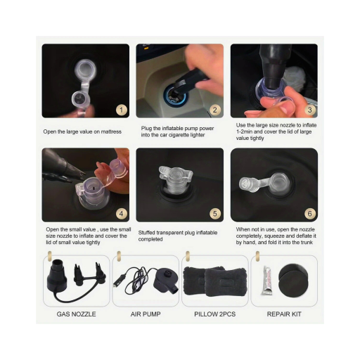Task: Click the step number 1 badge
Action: (x=122, y=110)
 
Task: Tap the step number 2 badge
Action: (x=215, y=110)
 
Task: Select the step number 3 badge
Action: (x=309, y=110)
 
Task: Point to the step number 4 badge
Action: (x=122, y=214)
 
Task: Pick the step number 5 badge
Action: (x=215, y=214)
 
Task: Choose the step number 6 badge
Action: (x=309, y=214)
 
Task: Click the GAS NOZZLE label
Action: (x=77, y=314)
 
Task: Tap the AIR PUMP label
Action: (x=146, y=314)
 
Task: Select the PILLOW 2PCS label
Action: (x=215, y=314)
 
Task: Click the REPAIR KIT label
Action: (x=284, y=314)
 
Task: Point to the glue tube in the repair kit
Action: (x=267, y=281)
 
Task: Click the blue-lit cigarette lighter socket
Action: (x=175, y=95)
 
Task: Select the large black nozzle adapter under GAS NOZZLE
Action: (x=56, y=275)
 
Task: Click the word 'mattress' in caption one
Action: (x=111, y=131)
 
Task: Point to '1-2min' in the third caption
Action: (x=244, y=131)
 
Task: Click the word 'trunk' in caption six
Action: (x=307, y=243)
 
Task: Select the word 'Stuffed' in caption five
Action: (x=146, y=233)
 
